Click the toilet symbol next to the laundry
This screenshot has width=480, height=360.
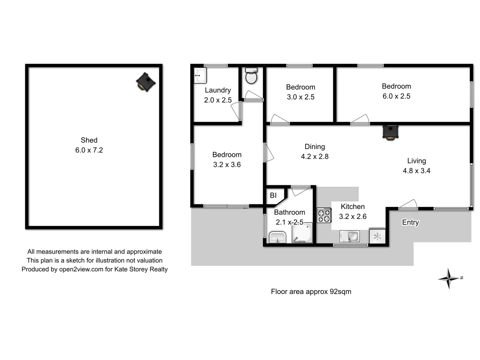tap(251, 76)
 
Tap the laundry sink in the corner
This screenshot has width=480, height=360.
tap(200, 75)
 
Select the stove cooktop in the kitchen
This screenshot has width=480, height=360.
tap(324, 215)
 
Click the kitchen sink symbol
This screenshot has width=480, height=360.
tap(349, 236)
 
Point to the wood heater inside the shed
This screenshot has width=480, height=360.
tap(146, 82)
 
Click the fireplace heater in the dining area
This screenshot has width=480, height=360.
tap(390, 132)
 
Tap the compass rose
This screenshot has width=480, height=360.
tap(449, 278)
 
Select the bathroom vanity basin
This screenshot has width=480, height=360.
tap(277, 237)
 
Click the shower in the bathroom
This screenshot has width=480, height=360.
tap(302, 233)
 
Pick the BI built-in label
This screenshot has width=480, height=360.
tap(273, 195)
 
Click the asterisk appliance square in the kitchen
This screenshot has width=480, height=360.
tap(377, 237)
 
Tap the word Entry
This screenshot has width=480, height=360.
tap(410, 222)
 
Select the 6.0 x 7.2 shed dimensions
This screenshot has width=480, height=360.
tap(89, 150)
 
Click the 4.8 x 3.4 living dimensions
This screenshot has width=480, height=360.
tap(416, 171)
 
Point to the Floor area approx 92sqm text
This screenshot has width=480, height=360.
tap(311, 292)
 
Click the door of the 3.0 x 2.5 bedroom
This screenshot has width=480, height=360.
tap(279, 120)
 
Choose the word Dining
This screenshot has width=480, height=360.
tap(315, 147)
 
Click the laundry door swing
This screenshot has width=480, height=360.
tap(236, 111)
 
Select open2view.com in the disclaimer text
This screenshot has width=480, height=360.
tap(81, 269)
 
